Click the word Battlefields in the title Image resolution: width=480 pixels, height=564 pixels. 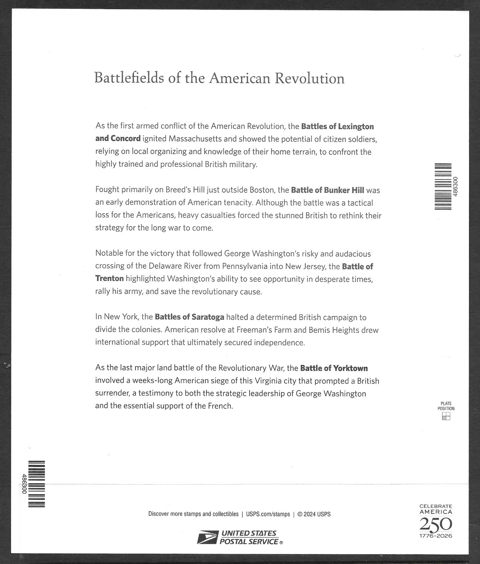[x=129, y=78]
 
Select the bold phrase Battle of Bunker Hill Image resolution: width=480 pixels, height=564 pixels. [x=327, y=190]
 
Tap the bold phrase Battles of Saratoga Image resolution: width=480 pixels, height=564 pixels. [x=189, y=317]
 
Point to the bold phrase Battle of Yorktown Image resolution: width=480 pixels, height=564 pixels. [x=334, y=368]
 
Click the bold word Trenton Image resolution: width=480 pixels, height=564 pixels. [x=109, y=278]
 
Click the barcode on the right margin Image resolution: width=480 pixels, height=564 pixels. [x=443, y=186]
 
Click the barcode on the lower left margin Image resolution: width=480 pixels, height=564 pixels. [x=37, y=484]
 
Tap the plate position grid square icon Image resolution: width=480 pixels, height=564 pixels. [x=446, y=416]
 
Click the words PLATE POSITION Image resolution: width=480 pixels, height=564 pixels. [x=446, y=406]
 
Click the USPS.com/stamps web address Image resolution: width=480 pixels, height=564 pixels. [x=268, y=514]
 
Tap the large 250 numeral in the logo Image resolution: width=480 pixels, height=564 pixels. [x=436, y=525]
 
